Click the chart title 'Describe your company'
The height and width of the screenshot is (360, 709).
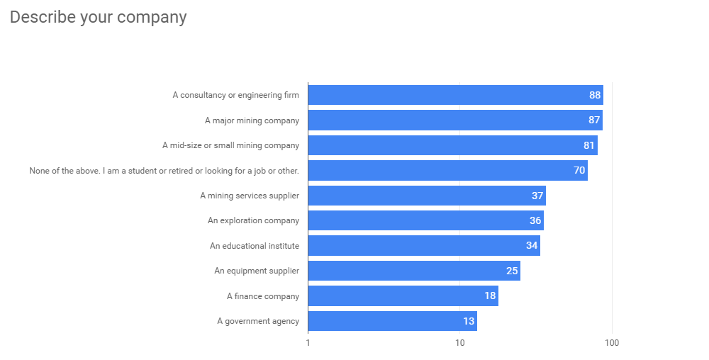pos(98,17)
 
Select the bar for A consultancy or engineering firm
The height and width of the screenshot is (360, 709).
pos(455,95)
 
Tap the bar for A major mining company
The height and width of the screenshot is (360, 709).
pos(454,120)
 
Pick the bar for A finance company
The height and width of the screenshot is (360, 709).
pos(403,296)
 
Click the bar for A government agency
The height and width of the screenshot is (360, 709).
pos(392,321)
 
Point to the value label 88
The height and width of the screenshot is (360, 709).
pos(595,95)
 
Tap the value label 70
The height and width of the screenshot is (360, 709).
pos(579,171)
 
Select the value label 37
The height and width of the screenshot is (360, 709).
pos(537,196)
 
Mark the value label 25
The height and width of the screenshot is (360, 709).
pos(512,271)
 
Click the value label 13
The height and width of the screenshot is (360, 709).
pos(469,321)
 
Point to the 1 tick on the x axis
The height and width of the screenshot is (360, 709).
pos(308,343)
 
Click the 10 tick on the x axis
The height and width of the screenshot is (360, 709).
pos(459,343)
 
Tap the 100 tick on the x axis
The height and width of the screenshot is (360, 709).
pos(612,343)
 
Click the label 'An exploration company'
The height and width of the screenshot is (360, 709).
pos(253,220)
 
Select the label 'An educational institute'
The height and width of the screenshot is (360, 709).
pos(255,246)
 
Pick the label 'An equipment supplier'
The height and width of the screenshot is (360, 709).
pos(257,271)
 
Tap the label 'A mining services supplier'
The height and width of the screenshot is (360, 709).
pos(250,196)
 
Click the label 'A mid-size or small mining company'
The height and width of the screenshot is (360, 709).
pos(230,145)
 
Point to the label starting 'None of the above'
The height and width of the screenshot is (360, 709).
pos(164,171)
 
